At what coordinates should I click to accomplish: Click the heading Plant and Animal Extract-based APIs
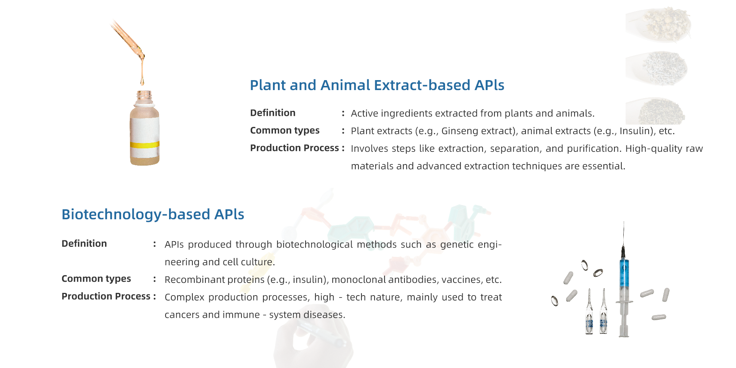tap(377, 85)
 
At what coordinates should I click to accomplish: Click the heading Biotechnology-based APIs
tap(153, 214)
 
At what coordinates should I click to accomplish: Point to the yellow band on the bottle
tap(145, 145)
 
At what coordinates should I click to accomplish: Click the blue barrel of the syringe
tap(624, 273)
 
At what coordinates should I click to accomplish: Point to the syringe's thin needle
tap(624, 234)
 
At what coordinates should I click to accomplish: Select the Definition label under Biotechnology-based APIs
tap(84, 243)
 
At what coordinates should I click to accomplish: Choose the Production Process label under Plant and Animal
tap(294, 148)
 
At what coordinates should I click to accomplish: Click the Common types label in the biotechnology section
tap(96, 279)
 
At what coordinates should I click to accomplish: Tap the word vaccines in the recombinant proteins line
tap(460, 279)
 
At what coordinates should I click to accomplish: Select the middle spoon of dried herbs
tap(657, 68)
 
